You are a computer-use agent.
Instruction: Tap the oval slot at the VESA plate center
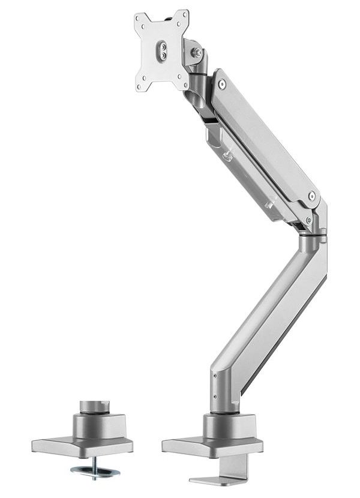[161, 50]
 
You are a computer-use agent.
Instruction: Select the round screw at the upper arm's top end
[222, 85]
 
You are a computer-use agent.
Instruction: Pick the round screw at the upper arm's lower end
[311, 196]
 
